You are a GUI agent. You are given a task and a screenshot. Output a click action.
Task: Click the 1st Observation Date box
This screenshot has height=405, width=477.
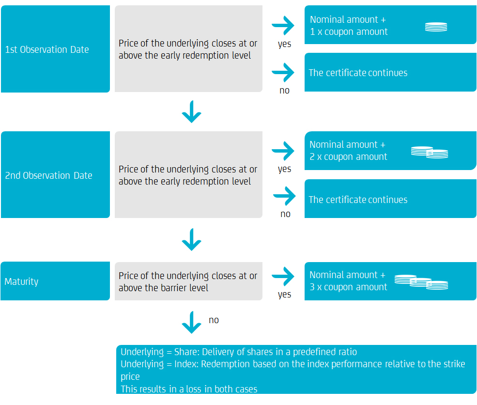coord(55,49)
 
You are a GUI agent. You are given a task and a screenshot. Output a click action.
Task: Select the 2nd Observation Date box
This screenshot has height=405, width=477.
coord(55,175)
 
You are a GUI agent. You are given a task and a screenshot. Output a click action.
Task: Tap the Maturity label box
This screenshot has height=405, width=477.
coord(55,281)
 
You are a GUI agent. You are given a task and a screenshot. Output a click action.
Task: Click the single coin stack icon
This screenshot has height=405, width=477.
coord(436,27)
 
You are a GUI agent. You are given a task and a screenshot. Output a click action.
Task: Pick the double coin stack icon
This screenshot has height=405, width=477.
coord(430,152)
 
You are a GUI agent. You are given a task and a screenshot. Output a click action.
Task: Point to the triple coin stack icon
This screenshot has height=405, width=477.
coord(421,282)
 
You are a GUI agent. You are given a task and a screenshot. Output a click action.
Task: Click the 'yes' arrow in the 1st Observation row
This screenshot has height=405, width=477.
coord(283,26)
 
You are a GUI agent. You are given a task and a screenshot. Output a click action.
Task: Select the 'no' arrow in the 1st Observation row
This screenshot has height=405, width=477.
coord(283,73)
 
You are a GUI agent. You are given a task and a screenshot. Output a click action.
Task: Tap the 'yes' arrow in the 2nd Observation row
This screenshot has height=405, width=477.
coord(283,151)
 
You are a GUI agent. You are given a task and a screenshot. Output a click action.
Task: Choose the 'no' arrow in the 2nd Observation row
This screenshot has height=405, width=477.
coord(285,196)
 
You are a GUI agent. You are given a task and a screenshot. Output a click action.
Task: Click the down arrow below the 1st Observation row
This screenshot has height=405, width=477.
coord(192,112)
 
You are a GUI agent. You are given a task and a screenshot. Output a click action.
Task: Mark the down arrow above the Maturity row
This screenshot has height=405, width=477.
coord(192,240)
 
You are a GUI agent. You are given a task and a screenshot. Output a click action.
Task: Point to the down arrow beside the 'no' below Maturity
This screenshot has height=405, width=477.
coord(192,323)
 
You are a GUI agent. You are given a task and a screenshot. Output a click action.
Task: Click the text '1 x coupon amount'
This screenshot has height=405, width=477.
coord(349,32)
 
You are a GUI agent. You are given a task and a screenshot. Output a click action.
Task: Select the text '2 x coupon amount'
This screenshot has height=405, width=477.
coord(349,157)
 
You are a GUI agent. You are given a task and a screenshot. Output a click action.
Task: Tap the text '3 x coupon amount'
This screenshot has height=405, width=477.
coord(349,287)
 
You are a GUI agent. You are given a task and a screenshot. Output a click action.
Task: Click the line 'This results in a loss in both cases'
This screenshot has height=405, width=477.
coord(189,389)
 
